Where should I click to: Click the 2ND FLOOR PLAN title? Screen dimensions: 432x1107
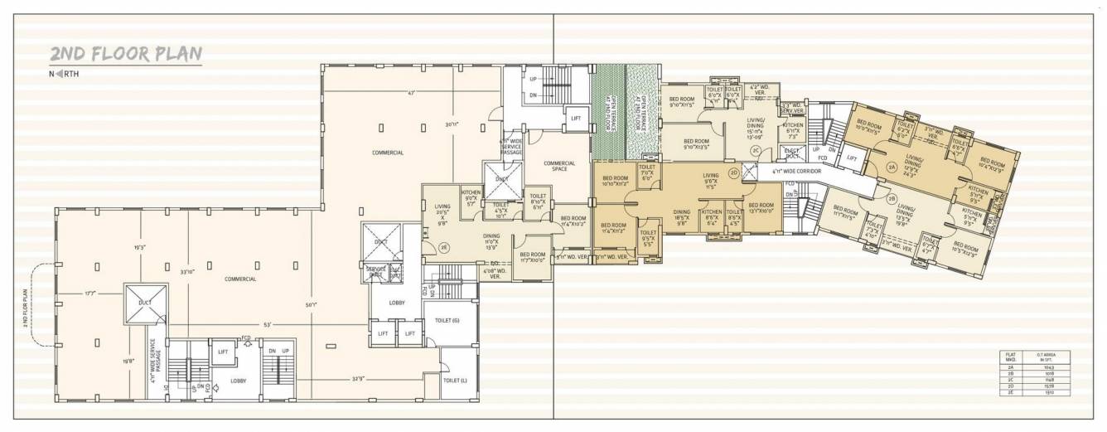tap(126, 55)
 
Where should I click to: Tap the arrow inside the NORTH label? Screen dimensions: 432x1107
tap(59, 75)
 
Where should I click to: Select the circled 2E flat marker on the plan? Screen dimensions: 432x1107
tap(444, 246)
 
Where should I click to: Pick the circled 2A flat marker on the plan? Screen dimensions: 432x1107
tap(892, 167)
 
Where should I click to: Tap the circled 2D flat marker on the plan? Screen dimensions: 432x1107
tap(732, 172)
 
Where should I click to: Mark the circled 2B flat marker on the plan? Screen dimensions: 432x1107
tap(892, 198)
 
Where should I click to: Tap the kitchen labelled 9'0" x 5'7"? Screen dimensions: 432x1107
tap(471, 197)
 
